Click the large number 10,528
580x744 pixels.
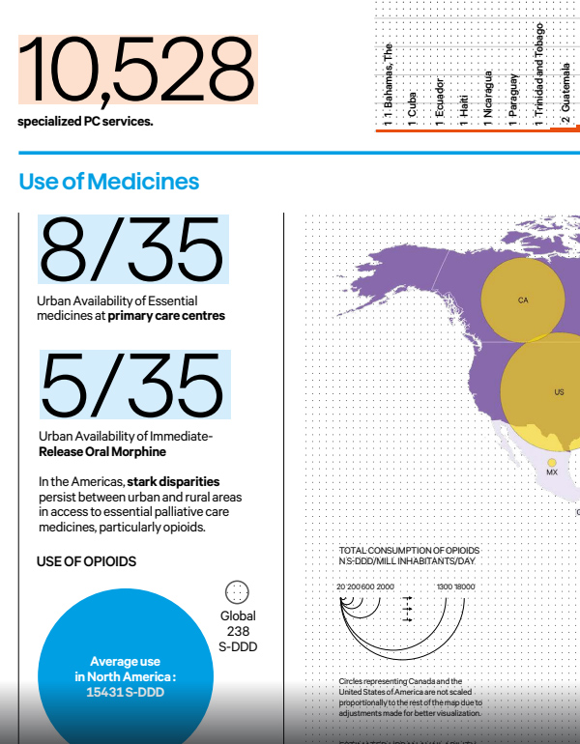[136, 71]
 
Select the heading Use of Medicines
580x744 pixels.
[108, 182]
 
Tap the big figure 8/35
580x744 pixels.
[131, 249]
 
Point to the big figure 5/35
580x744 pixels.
[131, 384]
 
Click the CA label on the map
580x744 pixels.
[523, 300]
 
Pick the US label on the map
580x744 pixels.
[559, 392]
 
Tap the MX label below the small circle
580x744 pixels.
[552, 472]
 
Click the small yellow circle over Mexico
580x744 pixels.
[552, 462]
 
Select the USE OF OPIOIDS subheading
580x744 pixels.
[86, 561]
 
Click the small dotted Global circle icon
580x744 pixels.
[237, 592]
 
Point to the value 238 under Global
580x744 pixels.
[238, 631]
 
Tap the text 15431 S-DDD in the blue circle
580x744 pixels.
[126, 692]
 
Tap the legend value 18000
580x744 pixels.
[464, 587]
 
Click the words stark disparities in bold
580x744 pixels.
[174, 481]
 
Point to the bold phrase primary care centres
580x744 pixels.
[166, 316]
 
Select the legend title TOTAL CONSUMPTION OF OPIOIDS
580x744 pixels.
[409, 551]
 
